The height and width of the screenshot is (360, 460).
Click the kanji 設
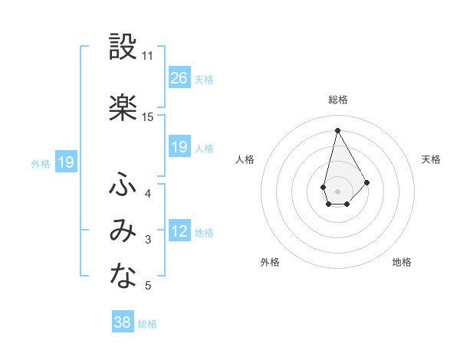pyautogui.click(x=123, y=47)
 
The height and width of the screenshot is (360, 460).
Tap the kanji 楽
pyautogui.click(x=123, y=108)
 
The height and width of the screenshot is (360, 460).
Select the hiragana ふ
pyautogui.click(x=123, y=185)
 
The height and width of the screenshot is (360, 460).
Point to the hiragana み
pyautogui.click(x=123, y=232)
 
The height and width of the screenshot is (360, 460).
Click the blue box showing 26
pyautogui.click(x=179, y=78)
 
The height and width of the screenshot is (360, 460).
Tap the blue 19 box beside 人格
pyautogui.click(x=179, y=147)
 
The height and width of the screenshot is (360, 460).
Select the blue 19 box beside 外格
pyautogui.click(x=66, y=162)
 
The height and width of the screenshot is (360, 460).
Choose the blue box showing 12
pyautogui.click(x=179, y=231)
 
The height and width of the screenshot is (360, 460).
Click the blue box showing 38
pyautogui.click(x=123, y=322)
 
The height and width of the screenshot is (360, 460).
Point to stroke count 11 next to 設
pyautogui.click(x=148, y=56)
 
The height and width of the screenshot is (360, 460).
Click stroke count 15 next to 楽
pyautogui.click(x=148, y=117)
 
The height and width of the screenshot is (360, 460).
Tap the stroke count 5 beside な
pyautogui.click(x=148, y=286)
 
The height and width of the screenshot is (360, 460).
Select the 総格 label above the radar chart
pyautogui.click(x=338, y=100)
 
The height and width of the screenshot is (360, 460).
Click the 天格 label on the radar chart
pyautogui.click(x=432, y=159)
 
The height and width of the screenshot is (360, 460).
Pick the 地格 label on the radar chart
pyautogui.click(x=402, y=262)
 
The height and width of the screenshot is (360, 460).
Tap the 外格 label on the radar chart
pyautogui.click(x=270, y=262)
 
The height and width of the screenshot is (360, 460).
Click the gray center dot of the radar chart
pyautogui.click(x=337, y=191)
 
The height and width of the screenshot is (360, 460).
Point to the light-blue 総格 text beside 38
pyautogui.click(x=147, y=324)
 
